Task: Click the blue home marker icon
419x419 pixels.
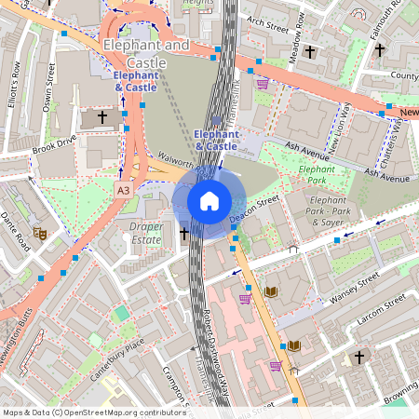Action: coord(209,201)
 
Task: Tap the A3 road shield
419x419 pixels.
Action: coord(124,189)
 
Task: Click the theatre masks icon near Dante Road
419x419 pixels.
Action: coord(39,232)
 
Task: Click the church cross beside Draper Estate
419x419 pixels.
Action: coord(183,234)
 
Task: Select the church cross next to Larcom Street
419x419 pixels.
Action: coord(358,357)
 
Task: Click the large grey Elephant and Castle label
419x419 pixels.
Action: coord(146,52)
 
